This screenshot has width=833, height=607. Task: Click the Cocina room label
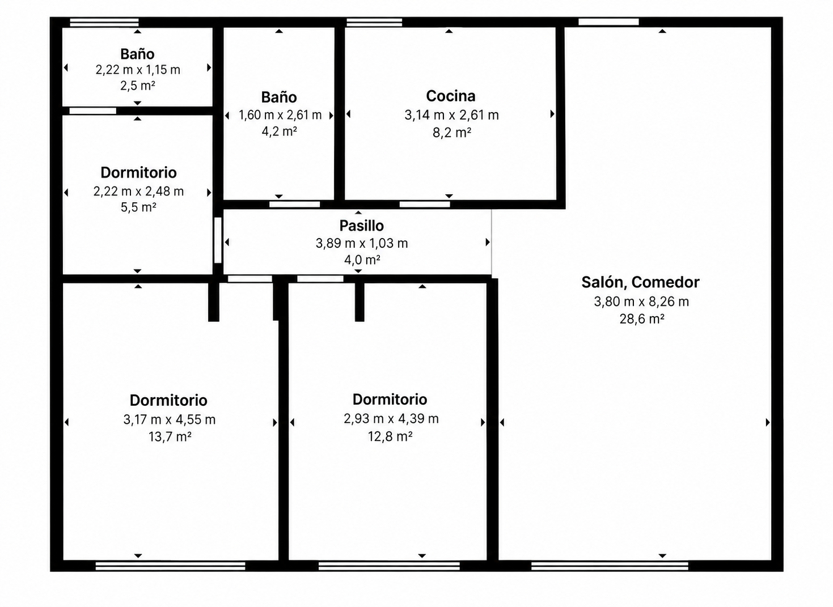(x=451, y=96)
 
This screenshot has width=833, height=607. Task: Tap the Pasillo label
(x=361, y=226)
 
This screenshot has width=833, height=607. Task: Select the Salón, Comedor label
(x=640, y=282)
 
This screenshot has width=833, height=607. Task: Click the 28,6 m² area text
(x=642, y=319)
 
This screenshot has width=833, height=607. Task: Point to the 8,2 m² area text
(x=452, y=132)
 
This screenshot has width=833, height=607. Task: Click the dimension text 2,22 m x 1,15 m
(x=138, y=70)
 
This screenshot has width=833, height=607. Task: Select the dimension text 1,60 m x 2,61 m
(x=280, y=115)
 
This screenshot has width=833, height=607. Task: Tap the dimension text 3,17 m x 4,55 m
(x=170, y=419)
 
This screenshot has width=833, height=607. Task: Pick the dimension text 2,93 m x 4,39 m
(x=391, y=419)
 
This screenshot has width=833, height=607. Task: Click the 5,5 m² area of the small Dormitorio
(x=138, y=207)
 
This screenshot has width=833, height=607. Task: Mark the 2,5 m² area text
(x=138, y=86)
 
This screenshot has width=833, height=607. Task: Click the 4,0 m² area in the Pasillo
(x=362, y=260)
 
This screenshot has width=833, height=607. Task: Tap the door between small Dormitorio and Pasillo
(x=218, y=240)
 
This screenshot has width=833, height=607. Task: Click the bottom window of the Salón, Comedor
(x=610, y=566)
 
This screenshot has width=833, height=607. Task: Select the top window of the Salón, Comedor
(x=608, y=22)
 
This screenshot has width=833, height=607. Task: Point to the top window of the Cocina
(x=374, y=22)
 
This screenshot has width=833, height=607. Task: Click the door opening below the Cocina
(x=425, y=205)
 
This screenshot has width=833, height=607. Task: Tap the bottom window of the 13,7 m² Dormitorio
(x=170, y=566)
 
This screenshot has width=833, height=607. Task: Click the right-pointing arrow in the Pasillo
(x=488, y=243)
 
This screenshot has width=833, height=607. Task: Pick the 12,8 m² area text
(x=390, y=436)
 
